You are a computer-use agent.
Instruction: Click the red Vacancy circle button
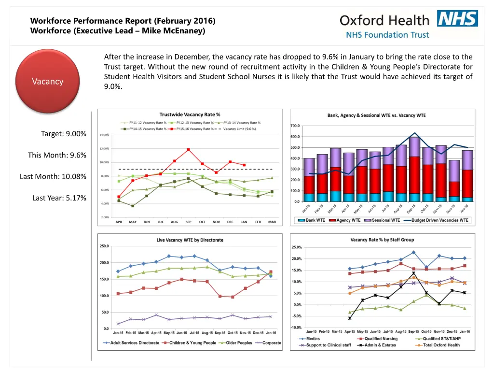47,81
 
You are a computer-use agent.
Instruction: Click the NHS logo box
457,18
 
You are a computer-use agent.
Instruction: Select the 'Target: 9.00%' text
64,134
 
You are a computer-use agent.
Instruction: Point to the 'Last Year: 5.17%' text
59,198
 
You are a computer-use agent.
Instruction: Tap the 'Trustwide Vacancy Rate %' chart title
190,114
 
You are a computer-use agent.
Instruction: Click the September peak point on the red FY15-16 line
189,149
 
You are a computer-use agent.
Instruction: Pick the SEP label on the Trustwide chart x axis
188,222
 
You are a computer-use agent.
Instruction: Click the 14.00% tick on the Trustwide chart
107,135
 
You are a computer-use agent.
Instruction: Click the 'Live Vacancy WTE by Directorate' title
190,240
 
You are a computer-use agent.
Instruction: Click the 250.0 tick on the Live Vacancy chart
104,246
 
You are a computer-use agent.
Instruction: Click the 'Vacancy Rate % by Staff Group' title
382,240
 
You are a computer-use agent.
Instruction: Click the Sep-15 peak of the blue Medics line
413,252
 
